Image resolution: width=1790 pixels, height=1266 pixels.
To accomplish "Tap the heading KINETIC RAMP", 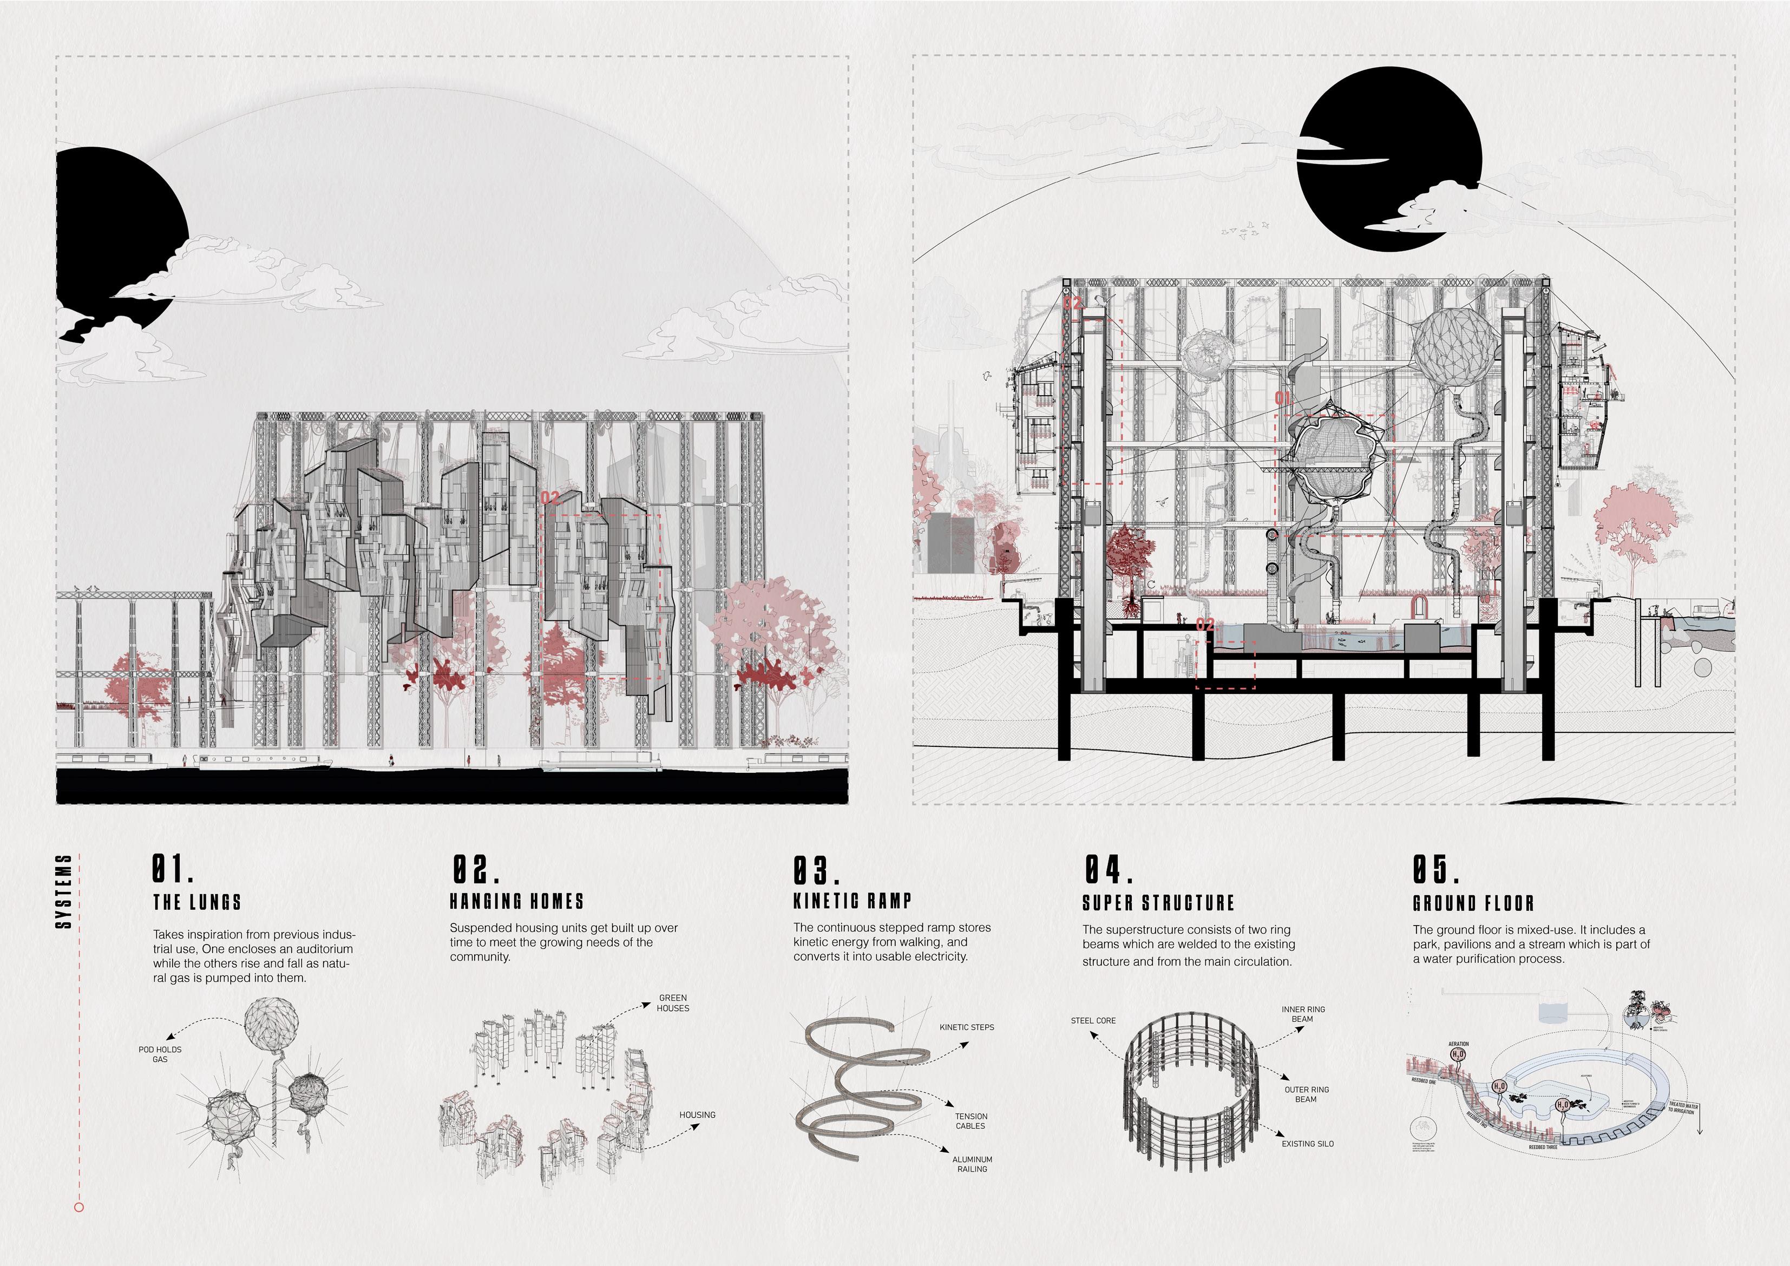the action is coord(852,901).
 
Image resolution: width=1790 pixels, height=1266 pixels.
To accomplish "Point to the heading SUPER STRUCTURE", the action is coord(1158,903).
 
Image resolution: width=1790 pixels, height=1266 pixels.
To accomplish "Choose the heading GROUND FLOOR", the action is coord(1473,903).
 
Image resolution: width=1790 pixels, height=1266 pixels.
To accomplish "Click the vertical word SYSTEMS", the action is coord(65,891).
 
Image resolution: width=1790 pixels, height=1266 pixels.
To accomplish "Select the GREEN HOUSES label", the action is coord(673,1002).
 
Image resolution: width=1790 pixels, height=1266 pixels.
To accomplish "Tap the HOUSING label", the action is coord(697,1115).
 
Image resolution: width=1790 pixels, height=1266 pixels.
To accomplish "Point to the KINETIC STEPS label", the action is coord(967,1027).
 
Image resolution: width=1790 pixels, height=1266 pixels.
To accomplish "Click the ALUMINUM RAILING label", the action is coord(972,1164).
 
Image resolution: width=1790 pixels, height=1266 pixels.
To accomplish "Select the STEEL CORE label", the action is coord(1093,1020).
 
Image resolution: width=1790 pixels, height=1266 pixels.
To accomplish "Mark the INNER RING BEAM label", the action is coord(1303,1013).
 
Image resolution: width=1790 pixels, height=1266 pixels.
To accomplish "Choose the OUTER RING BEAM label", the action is coord(1307,1094).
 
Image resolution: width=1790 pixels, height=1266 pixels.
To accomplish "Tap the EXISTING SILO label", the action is coord(1307,1144).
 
